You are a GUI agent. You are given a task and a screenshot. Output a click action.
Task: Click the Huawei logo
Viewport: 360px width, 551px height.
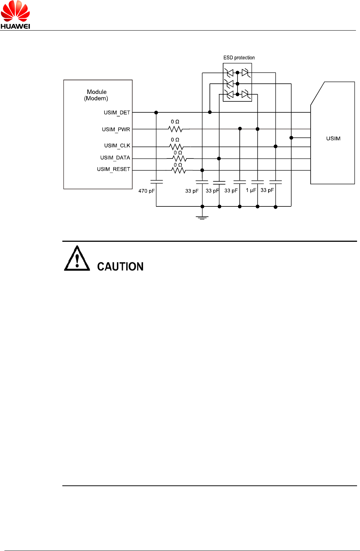coord(15,15)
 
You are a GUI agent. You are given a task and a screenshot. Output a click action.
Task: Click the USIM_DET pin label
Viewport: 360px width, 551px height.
coord(117,112)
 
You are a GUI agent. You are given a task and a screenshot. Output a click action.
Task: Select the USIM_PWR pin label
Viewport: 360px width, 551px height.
coord(116,129)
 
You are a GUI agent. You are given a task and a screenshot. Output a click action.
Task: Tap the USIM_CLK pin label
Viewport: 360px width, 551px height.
coord(117,146)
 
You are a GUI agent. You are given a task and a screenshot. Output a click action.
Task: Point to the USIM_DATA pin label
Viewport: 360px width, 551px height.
coord(115,158)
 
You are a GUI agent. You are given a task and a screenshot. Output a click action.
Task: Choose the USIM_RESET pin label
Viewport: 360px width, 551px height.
coord(114,169)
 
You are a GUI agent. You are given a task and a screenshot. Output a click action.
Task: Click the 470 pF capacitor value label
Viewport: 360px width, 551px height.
coord(146,191)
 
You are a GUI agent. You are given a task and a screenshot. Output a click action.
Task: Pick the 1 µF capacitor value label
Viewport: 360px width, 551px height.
coord(251,190)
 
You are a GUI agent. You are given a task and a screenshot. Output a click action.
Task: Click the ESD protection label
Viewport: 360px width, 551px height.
coord(239,57)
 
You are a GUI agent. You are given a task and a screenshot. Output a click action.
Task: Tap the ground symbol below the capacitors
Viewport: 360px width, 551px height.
coord(202,217)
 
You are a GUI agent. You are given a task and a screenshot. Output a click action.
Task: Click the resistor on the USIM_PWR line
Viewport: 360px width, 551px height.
coord(176,129)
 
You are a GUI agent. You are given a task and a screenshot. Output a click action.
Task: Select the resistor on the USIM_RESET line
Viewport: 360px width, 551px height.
coord(179,170)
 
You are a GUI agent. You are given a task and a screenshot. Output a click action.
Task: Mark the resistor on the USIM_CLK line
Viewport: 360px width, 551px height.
coord(176,147)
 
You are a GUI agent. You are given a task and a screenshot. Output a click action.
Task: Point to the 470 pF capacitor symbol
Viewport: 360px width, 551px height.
coord(156,181)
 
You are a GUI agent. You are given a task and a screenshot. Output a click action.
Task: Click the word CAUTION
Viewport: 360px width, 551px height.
coord(120,266)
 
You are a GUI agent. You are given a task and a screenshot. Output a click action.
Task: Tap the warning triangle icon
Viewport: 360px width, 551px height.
coord(77,259)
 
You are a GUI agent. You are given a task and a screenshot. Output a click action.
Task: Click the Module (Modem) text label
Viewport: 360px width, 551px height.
coord(97,95)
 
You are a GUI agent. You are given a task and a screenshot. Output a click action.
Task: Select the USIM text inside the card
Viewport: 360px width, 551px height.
coord(333,139)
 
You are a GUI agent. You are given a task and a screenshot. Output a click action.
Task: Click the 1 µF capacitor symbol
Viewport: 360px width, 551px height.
coord(257,182)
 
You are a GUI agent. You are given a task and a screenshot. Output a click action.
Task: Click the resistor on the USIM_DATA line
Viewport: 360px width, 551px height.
coord(179,158)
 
